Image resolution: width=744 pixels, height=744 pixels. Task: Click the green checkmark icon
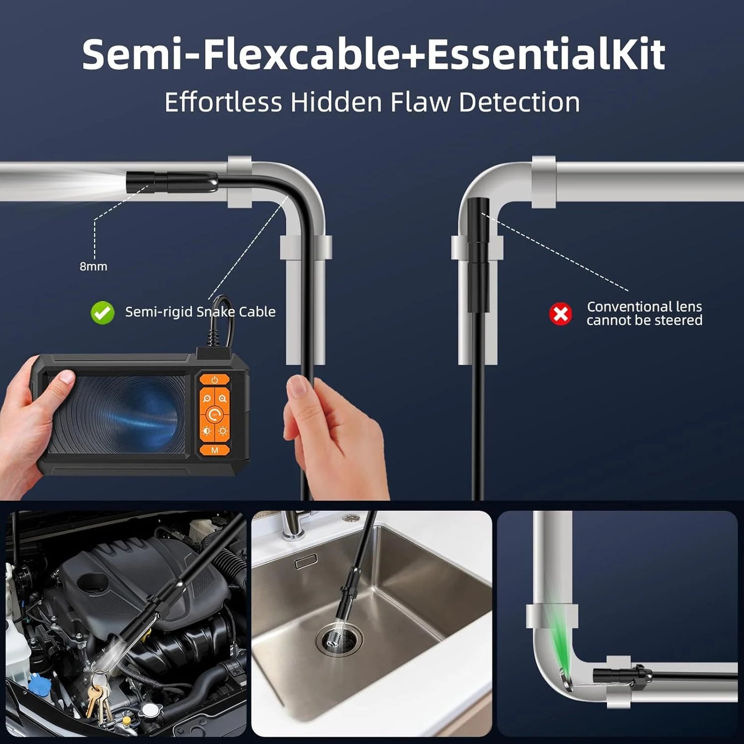(102, 313)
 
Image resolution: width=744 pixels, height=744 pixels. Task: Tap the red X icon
(561, 314)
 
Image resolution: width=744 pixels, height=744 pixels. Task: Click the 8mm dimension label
(93, 266)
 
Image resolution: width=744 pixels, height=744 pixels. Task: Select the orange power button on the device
(214, 380)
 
